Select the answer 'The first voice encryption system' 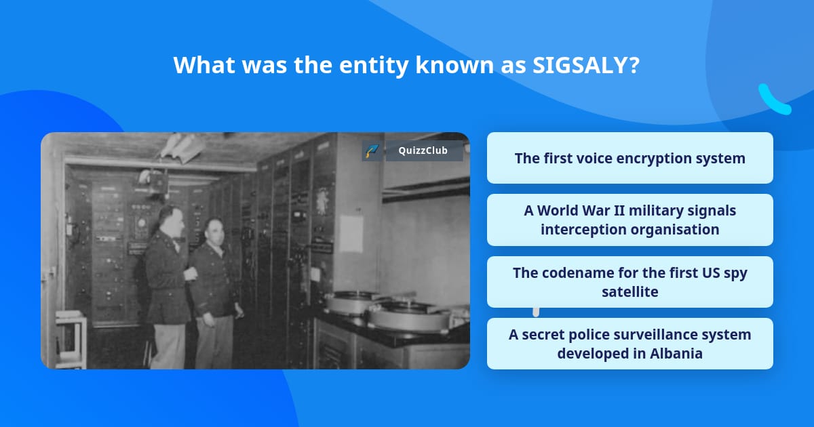(629, 158)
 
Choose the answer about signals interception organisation (629, 220)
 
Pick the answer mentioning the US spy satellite (629, 282)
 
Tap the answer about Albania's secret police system (629, 344)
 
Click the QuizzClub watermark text (423, 150)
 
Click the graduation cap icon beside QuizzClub (372, 150)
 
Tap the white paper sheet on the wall (351, 233)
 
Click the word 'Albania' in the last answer (676, 353)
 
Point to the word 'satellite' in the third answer (629, 291)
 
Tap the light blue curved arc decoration (773, 100)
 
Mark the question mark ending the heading (634, 65)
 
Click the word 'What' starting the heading (204, 65)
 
